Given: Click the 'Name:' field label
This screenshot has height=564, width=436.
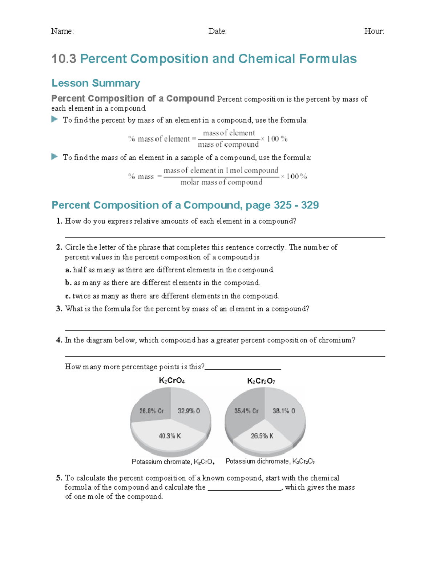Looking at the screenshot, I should click(x=62, y=31).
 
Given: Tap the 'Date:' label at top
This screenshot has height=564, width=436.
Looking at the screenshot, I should click(x=217, y=31).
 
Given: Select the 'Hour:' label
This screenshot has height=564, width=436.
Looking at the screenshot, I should click(x=374, y=31).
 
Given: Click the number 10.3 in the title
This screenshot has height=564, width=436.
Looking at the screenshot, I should click(x=64, y=59).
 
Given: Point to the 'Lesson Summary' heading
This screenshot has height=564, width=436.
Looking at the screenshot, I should click(x=96, y=83).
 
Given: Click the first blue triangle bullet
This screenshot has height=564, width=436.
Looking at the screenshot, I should click(x=55, y=119).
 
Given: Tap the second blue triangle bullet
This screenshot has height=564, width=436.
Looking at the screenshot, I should click(x=55, y=157).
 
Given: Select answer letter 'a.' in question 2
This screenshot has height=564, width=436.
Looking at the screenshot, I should click(x=68, y=270).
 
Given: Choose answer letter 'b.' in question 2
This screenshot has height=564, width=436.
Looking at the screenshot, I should click(x=68, y=283).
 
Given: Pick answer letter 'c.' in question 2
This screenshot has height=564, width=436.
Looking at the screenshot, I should click(x=68, y=296).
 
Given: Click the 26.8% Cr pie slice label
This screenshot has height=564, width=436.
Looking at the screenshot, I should click(x=152, y=411).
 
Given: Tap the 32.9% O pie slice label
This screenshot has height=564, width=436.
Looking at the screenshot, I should click(x=189, y=411).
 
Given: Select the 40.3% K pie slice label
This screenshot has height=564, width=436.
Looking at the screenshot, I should click(x=170, y=436).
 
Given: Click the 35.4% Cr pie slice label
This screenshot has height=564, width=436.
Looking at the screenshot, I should click(x=246, y=411).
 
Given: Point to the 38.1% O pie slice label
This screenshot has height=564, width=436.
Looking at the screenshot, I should click(x=284, y=411).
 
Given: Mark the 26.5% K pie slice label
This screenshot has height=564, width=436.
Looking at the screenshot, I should click(x=262, y=436).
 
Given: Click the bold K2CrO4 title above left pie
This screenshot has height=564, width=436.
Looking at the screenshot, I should click(x=172, y=381).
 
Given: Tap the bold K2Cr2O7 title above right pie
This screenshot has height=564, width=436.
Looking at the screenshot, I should click(x=261, y=381).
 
